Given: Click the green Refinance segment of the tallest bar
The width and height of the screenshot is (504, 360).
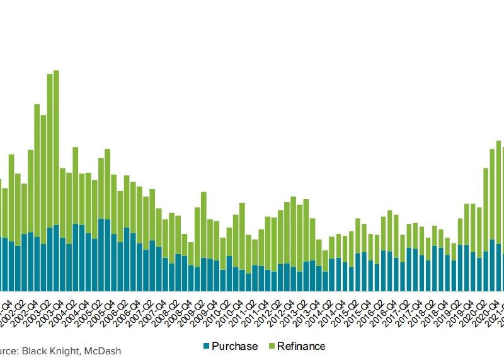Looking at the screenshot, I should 56,145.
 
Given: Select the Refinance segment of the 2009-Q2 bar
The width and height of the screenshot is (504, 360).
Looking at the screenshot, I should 203,224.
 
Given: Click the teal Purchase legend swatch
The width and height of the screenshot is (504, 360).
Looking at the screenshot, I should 205,346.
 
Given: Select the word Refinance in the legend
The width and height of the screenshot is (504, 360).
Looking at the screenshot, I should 301,346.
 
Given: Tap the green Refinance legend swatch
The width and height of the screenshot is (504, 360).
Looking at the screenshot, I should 272,346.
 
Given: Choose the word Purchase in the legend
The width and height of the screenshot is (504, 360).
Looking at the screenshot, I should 234,346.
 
